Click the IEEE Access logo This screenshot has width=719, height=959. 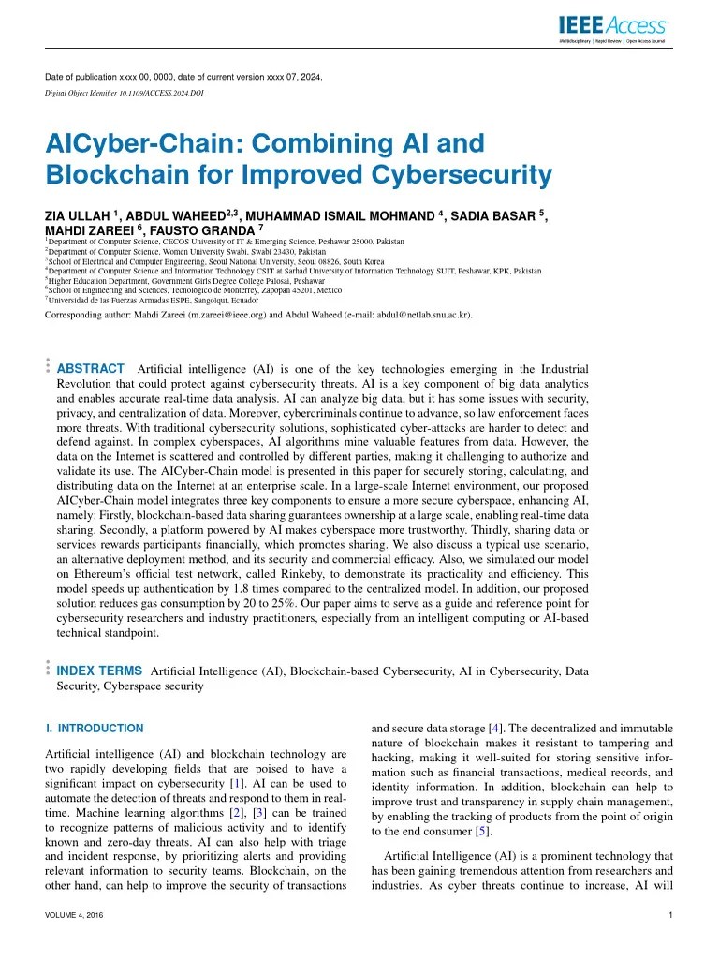tap(613, 27)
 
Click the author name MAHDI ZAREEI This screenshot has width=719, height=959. tap(87, 229)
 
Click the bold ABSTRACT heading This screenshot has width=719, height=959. tap(91, 369)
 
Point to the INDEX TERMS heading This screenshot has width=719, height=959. tap(99, 671)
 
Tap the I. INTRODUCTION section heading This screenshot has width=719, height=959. tap(95, 728)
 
